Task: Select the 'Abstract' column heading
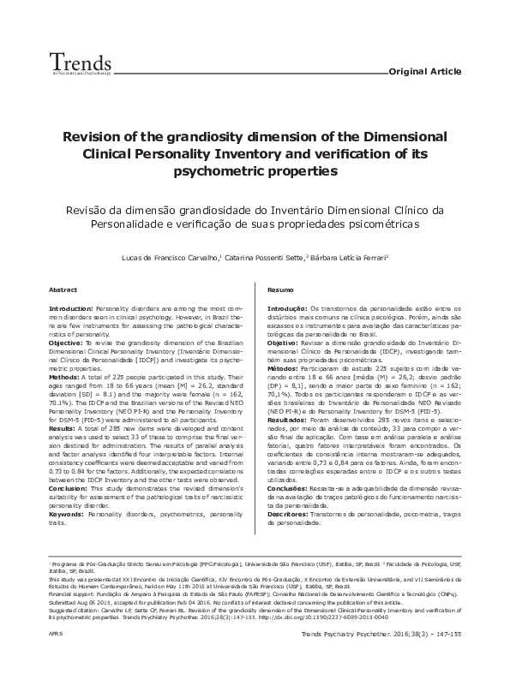[x=63, y=290]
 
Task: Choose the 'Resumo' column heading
[x=281, y=290]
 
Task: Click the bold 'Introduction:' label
[x=71, y=307]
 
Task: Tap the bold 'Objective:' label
[x=66, y=341]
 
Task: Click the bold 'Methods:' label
[x=64, y=375]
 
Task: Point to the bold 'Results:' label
[x=63, y=426]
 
